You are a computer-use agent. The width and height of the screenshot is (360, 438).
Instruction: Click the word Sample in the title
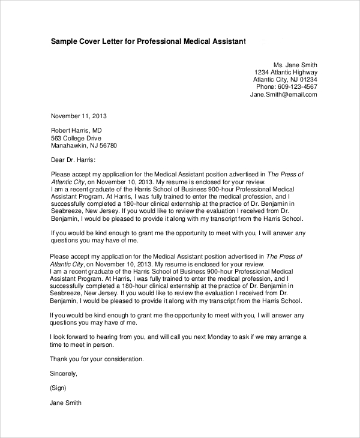tap(65, 41)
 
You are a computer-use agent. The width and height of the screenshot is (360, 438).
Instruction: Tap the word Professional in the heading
tap(162, 41)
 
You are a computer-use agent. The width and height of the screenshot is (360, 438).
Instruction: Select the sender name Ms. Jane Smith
tap(295, 65)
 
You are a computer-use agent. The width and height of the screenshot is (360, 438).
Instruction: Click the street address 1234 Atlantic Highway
tap(286, 74)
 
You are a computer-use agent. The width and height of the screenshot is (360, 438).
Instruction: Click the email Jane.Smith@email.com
tap(283, 95)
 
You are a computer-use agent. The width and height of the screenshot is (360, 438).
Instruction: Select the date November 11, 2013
tap(79, 115)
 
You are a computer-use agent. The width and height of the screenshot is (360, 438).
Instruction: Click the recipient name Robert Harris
tap(68, 130)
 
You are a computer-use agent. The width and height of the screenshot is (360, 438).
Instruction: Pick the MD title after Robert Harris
tap(96, 130)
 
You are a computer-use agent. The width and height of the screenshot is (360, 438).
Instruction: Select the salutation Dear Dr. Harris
tap(73, 160)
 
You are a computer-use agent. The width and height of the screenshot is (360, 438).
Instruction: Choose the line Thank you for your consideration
tap(97, 359)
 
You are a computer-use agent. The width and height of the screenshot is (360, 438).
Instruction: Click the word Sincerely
tap(64, 374)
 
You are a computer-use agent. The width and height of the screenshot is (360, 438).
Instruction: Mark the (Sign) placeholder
tap(59, 388)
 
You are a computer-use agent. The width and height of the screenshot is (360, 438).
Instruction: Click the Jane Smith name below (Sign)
tap(65, 403)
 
